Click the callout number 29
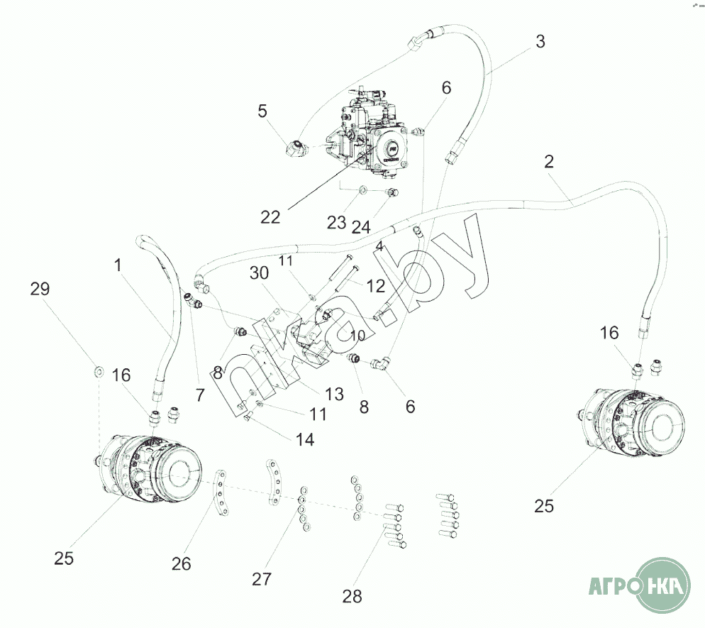pos(40,289)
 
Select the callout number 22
pos(270,217)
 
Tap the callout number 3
pos(540,41)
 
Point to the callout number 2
pos(549,162)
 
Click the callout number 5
pos(262,111)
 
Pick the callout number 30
pos(259,273)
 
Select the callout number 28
pos(352,597)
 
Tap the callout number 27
pos(262,580)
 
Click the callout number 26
pos(181,563)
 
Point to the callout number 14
pos(305,439)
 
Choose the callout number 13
pos(334,394)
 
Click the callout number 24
pos(361,228)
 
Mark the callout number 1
pos(118,265)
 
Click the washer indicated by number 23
pos(363,190)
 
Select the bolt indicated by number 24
pos(393,192)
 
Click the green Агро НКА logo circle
pos(664,585)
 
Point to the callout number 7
pos(201,395)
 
